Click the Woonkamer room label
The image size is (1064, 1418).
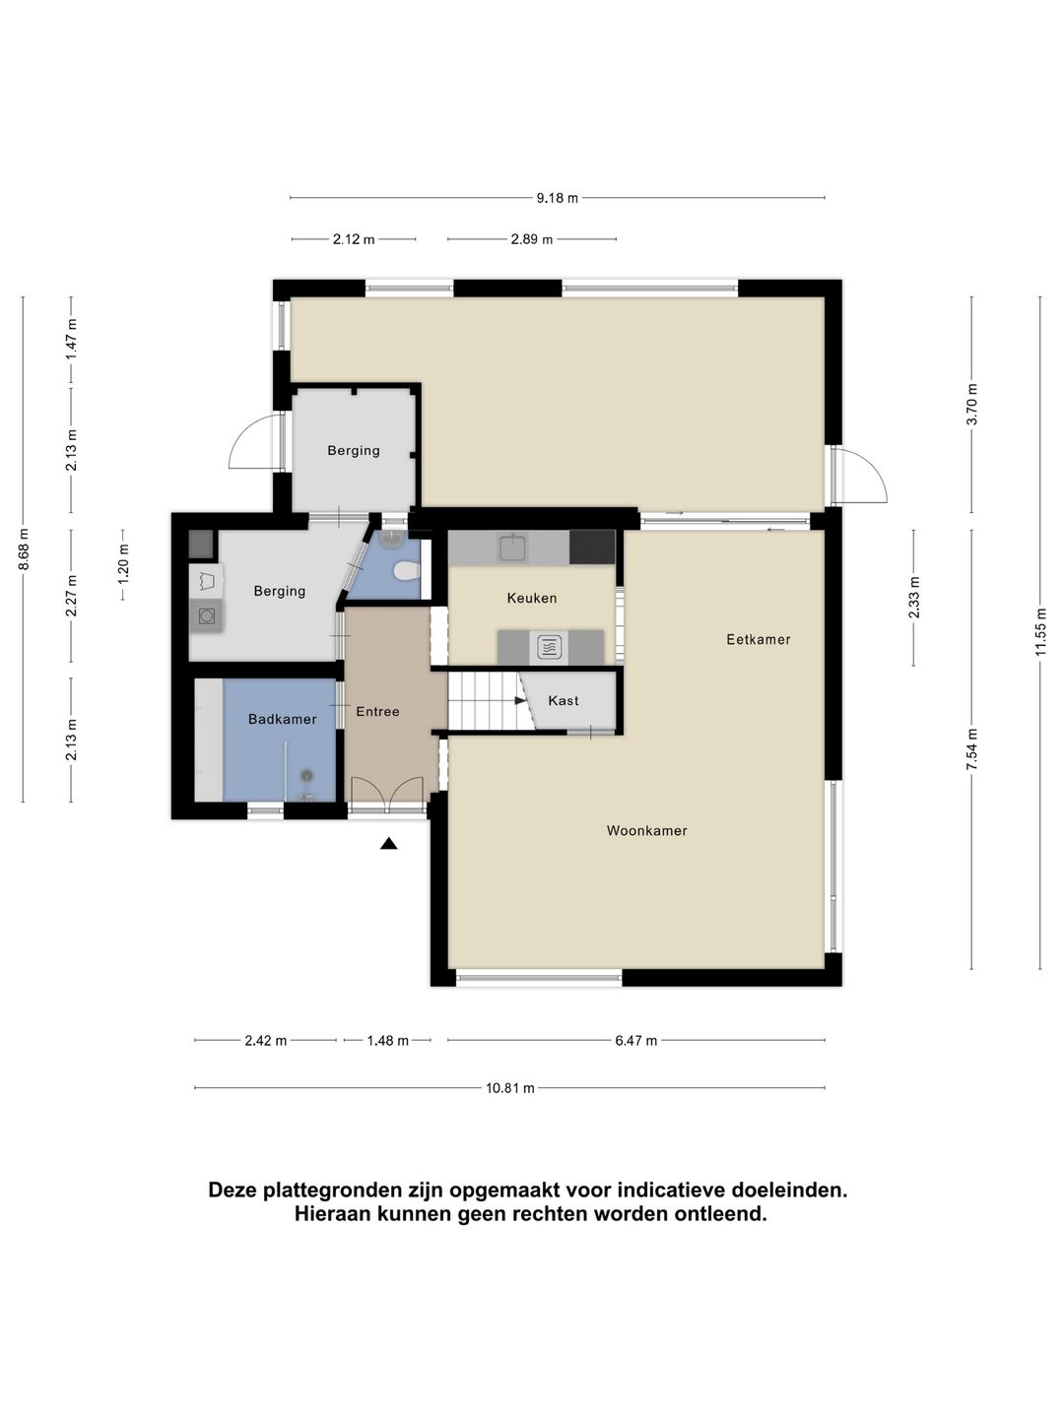coord(646,831)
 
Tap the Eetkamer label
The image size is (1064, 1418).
coord(758,639)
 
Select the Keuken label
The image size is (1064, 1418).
coord(532,598)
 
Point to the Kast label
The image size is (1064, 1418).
coord(563,701)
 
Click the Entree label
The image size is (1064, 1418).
coord(377,712)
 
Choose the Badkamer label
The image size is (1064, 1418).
coord(283,719)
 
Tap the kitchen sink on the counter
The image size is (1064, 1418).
coord(513,548)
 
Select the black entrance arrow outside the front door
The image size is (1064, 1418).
coord(388,843)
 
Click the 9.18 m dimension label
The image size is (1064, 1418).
coord(557,198)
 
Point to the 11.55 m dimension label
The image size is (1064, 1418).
coord(1039,632)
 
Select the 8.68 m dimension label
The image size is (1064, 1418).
coord(24,549)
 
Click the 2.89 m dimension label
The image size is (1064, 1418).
coord(531,239)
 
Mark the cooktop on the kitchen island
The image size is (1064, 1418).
coord(549,646)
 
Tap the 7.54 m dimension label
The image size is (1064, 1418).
coord(971,748)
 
